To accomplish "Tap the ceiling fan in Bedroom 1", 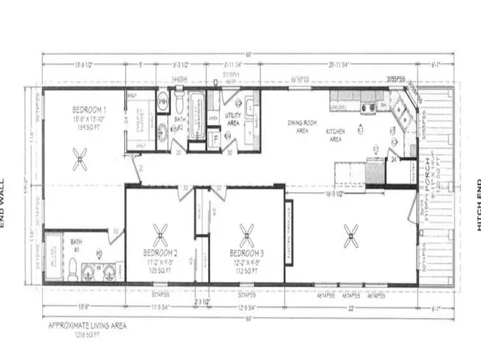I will click(x=80, y=161).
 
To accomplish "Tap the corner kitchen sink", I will click(x=399, y=114).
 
